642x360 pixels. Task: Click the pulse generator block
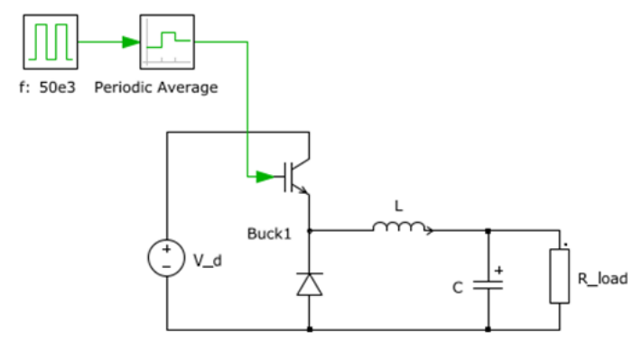coord(49,42)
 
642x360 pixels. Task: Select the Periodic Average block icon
coord(166,42)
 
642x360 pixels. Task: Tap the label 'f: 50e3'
coord(50,88)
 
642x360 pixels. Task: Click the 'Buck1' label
coord(269,235)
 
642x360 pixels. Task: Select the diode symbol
coord(310,284)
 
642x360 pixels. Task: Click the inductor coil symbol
coord(396,229)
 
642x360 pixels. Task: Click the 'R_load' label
coord(602,279)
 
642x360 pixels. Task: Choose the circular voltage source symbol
coord(167,259)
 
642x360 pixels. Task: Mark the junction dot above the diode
coord(310,230)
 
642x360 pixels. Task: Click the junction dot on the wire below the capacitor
coord(488,329)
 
